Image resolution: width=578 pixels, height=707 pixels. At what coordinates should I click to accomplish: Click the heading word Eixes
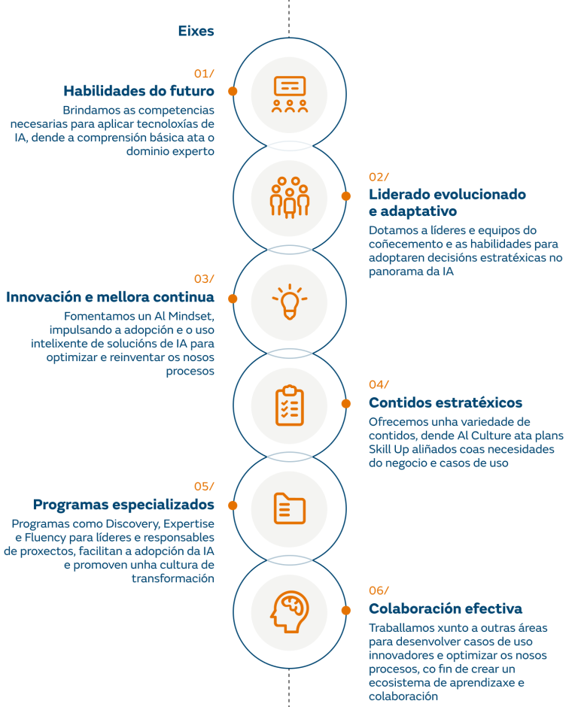(x=196, y=31)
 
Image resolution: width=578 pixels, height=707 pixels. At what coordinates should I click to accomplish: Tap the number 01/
(x=204, y=73)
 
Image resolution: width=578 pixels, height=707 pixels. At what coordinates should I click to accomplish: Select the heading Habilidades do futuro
(x=138, y=91)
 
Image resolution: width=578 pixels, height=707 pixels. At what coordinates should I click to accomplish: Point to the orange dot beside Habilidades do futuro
(x=233, y=91)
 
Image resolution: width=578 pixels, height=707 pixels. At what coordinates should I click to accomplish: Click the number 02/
(x=379, y=177)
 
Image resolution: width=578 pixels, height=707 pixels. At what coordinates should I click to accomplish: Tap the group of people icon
(x=290, y=196)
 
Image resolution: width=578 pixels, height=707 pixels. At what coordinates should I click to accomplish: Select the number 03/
(x=204, y=278)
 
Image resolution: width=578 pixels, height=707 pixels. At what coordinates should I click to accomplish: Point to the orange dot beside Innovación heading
(x=233, y=299)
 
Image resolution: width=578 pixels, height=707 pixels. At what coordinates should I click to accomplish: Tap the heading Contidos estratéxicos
(x=446, y=402)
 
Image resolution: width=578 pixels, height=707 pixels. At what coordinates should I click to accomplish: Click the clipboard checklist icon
(x=290, y=405)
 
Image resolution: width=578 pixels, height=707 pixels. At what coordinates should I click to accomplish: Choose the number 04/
(x=379, y=384)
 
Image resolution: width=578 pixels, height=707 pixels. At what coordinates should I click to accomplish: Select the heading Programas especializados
(x=123, y=504)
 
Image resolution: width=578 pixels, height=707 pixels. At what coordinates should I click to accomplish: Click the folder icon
(x=290, y=508)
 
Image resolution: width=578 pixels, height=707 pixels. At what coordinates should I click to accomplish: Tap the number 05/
(x=204, y=486)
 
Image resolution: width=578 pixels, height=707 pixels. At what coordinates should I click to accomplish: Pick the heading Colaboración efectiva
(x=446, y=608)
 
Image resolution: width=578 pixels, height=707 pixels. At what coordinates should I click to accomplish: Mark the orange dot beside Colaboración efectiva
(x=346, y=610)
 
